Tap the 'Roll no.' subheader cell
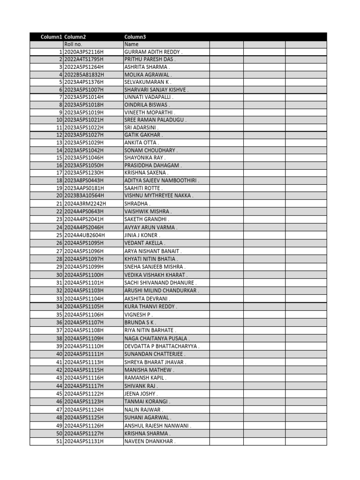point(73,44)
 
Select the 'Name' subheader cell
point(131,44)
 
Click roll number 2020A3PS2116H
point(84,52)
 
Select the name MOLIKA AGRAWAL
point(148,75)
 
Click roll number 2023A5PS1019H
point(84,112)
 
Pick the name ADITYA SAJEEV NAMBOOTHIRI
point(162,180)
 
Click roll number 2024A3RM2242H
point(85,204)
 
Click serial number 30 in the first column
point(60,275)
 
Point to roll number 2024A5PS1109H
point(84,338)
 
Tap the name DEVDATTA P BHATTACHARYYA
point(162,346)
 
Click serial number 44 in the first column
point(60,386)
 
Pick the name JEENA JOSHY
point(141,394)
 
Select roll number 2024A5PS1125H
point(84,417)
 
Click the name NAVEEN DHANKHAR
point(150,441)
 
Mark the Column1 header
point(51,37)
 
